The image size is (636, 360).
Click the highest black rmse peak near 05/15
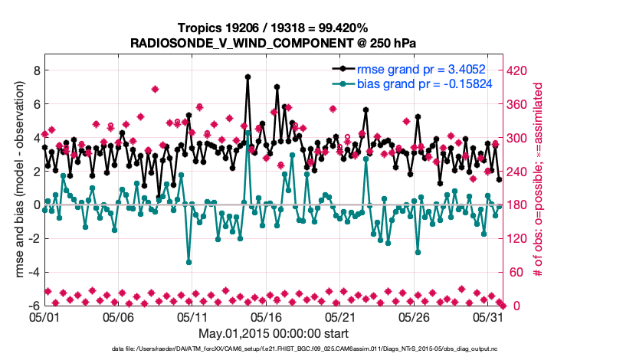(248, 77)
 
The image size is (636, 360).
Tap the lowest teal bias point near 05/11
(189, 262)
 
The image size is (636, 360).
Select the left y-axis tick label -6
(33, 306)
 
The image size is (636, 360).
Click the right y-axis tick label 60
(516, 272)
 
